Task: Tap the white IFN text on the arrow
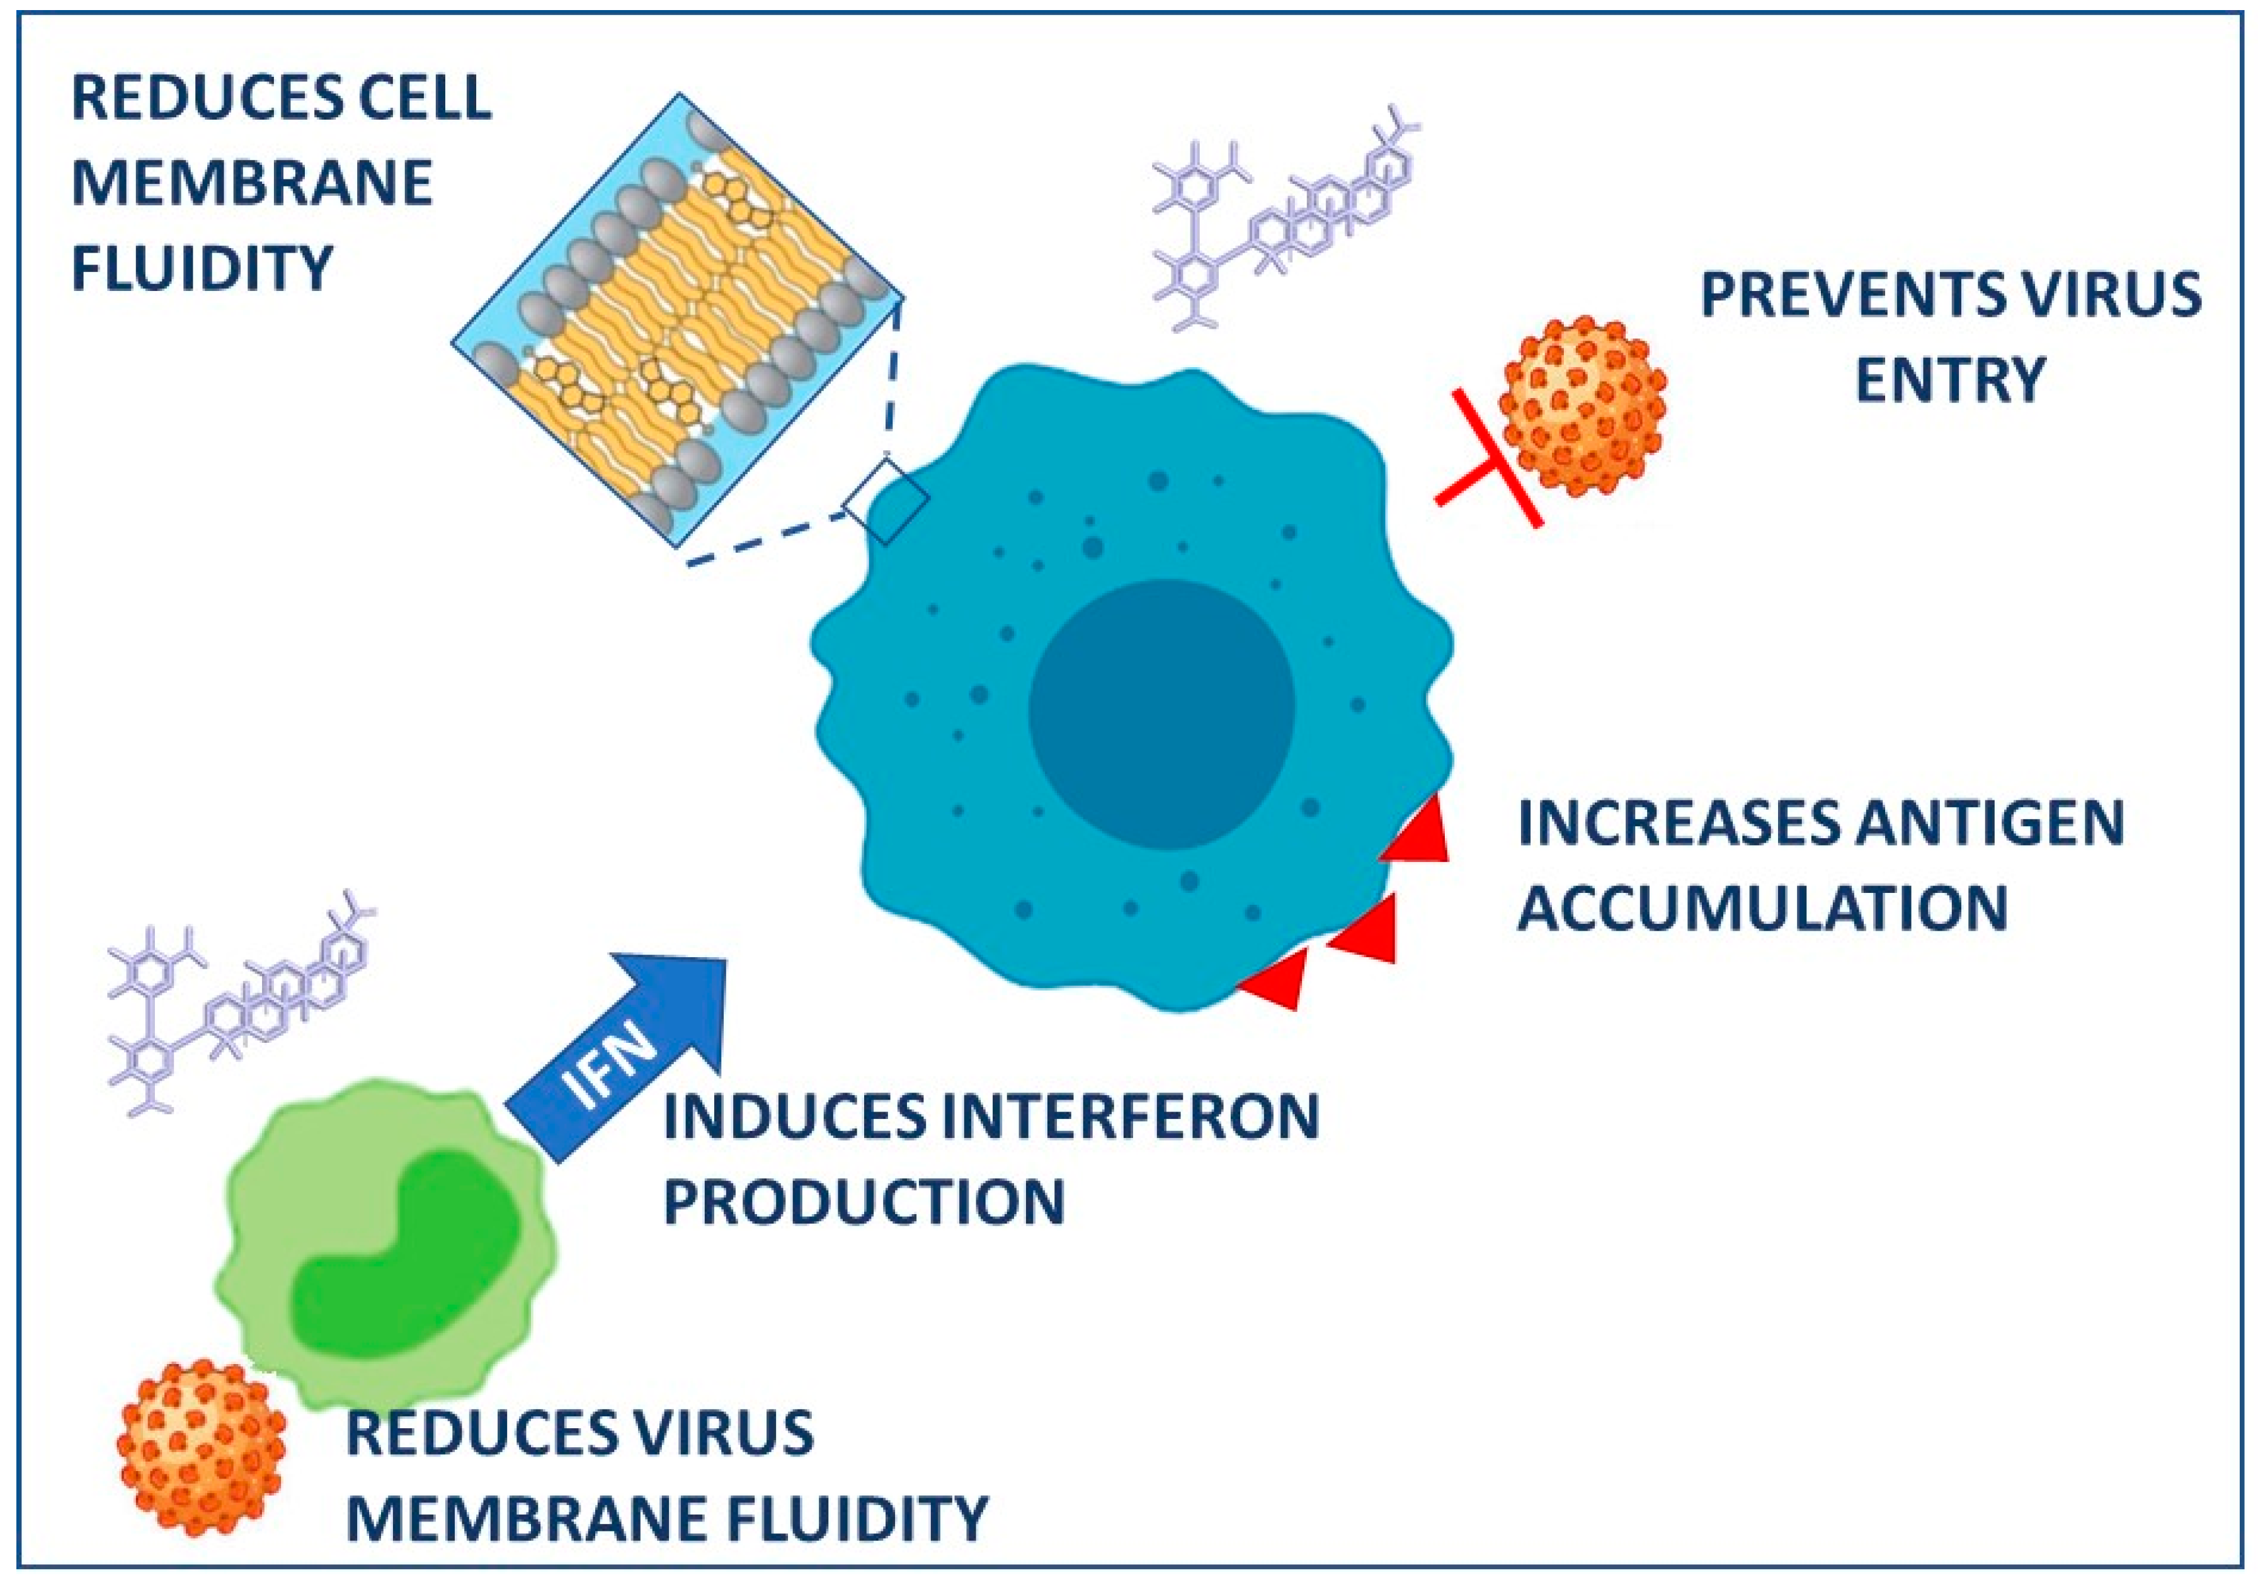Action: click(x=612, y=1069)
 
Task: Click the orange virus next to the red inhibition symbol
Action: click(x=1582, y=406)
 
